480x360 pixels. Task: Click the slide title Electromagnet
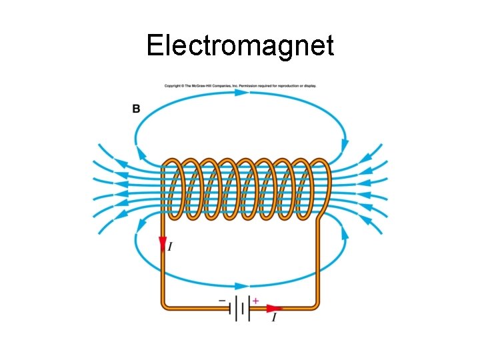pos(240,46)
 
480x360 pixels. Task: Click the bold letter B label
pos(136,108)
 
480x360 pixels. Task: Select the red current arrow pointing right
pos(274,308)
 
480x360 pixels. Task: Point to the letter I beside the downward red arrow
pos(171,247)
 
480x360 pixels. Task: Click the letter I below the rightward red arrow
pos(274,318)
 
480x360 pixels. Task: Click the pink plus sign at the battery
pos(255,301)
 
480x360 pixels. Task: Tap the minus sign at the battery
pos(222,301)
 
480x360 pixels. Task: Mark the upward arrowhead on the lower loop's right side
pos(344,233)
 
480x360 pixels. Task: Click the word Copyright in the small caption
pos(173,85)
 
